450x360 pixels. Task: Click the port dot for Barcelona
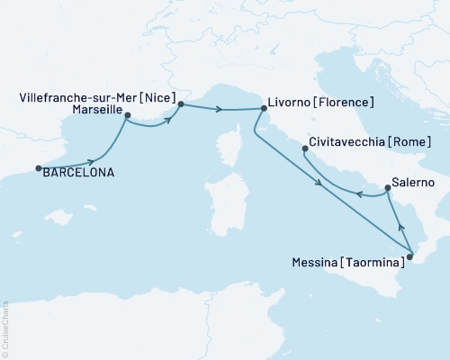38,167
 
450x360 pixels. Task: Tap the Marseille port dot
127,115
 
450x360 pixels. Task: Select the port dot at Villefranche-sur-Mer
181,104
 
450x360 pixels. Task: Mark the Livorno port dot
263,109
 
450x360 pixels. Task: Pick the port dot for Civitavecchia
305,148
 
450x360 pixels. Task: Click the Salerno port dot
387,188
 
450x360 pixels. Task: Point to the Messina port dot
409,257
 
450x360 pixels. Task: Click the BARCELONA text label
79,173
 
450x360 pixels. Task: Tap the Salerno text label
413,183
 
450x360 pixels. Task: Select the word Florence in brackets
344,102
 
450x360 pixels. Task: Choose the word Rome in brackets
409,142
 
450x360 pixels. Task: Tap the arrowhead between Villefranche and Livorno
220,109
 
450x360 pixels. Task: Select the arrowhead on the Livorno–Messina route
320,185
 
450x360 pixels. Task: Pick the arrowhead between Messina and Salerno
401,229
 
